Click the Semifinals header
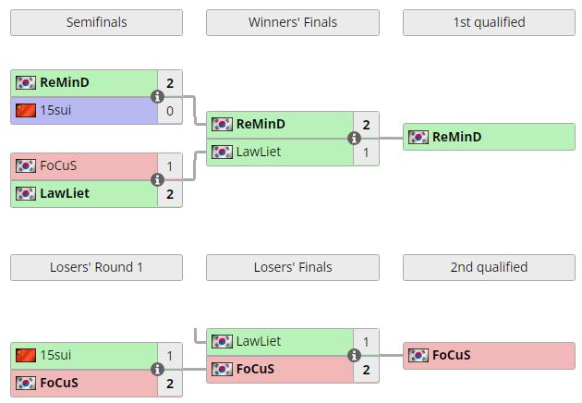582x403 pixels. click(x=96, y=22)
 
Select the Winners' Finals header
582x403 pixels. click(x=292, y=22)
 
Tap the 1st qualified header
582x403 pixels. click(x=489, y=22)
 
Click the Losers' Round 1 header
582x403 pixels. click(x=96, y=267)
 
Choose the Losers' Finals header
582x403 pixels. click(x=292, y=267)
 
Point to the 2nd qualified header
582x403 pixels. click(x=489, y=267)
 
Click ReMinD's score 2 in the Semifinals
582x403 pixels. click(x=170, y=83)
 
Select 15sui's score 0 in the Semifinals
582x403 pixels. click(x=170, y=111)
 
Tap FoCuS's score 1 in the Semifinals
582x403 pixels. click(x=170, y=166)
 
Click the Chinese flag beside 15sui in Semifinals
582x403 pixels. click(x=26, y=111)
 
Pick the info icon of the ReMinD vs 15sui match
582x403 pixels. click(x=157, y=96)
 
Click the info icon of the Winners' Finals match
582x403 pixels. click(x=354, y=138)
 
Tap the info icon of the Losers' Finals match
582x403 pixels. click(x=354, y=355)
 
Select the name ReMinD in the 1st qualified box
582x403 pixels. click(x=456, y=138)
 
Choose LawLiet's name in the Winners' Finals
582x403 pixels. click(x=258, y=152)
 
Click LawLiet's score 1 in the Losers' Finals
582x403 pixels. click(x=366, y=342)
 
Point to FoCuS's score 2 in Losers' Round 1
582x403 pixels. click(x=170, y=384)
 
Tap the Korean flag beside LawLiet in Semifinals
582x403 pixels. click(x=26, y=194)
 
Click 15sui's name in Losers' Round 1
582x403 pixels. click(x=55, y=356)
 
